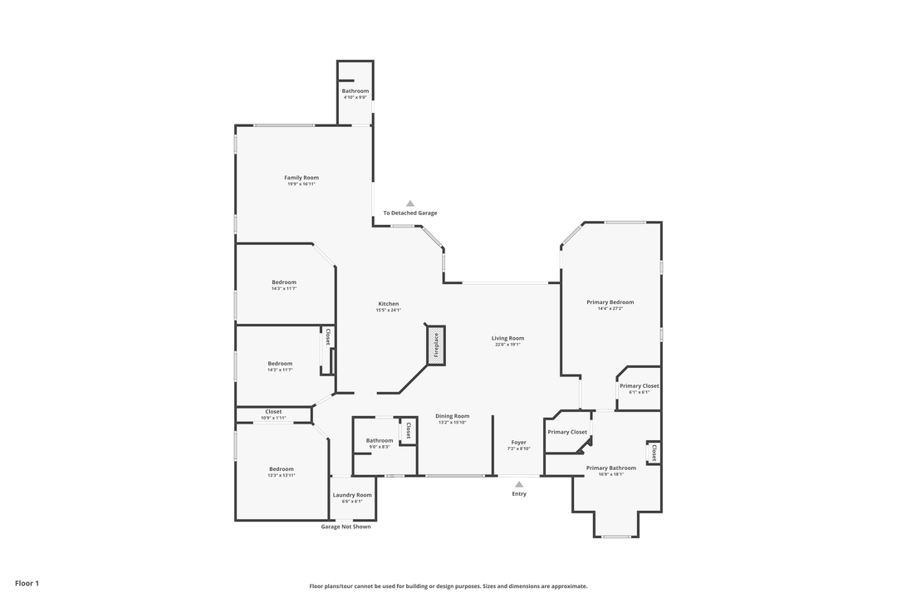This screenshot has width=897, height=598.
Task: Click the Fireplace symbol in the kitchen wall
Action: coord(436,345)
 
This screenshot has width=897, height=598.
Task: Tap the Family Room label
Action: coord(301,178)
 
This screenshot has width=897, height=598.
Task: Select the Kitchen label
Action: coord(389,304)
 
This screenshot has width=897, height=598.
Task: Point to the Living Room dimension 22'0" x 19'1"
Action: coord(507,345)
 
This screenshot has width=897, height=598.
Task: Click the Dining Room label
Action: coord(453,416)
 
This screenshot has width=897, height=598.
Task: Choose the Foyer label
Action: coord(518,443)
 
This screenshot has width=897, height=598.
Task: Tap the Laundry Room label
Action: coord(352,495)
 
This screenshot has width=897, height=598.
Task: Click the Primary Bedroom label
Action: coord(610,302)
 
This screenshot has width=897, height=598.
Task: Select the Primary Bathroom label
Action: coord(610,468)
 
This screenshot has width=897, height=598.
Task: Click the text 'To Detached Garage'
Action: coord(409,213)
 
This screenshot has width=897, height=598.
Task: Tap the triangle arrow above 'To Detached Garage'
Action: coord(409,203)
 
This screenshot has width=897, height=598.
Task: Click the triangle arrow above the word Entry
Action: coord(519,484)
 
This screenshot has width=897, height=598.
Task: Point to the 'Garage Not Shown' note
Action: coord(346,527)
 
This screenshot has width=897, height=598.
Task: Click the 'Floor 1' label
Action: coord(27,583)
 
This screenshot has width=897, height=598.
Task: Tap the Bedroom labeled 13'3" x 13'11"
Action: coord(281,468)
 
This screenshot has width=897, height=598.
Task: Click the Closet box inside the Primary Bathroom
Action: coord(654,453)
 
